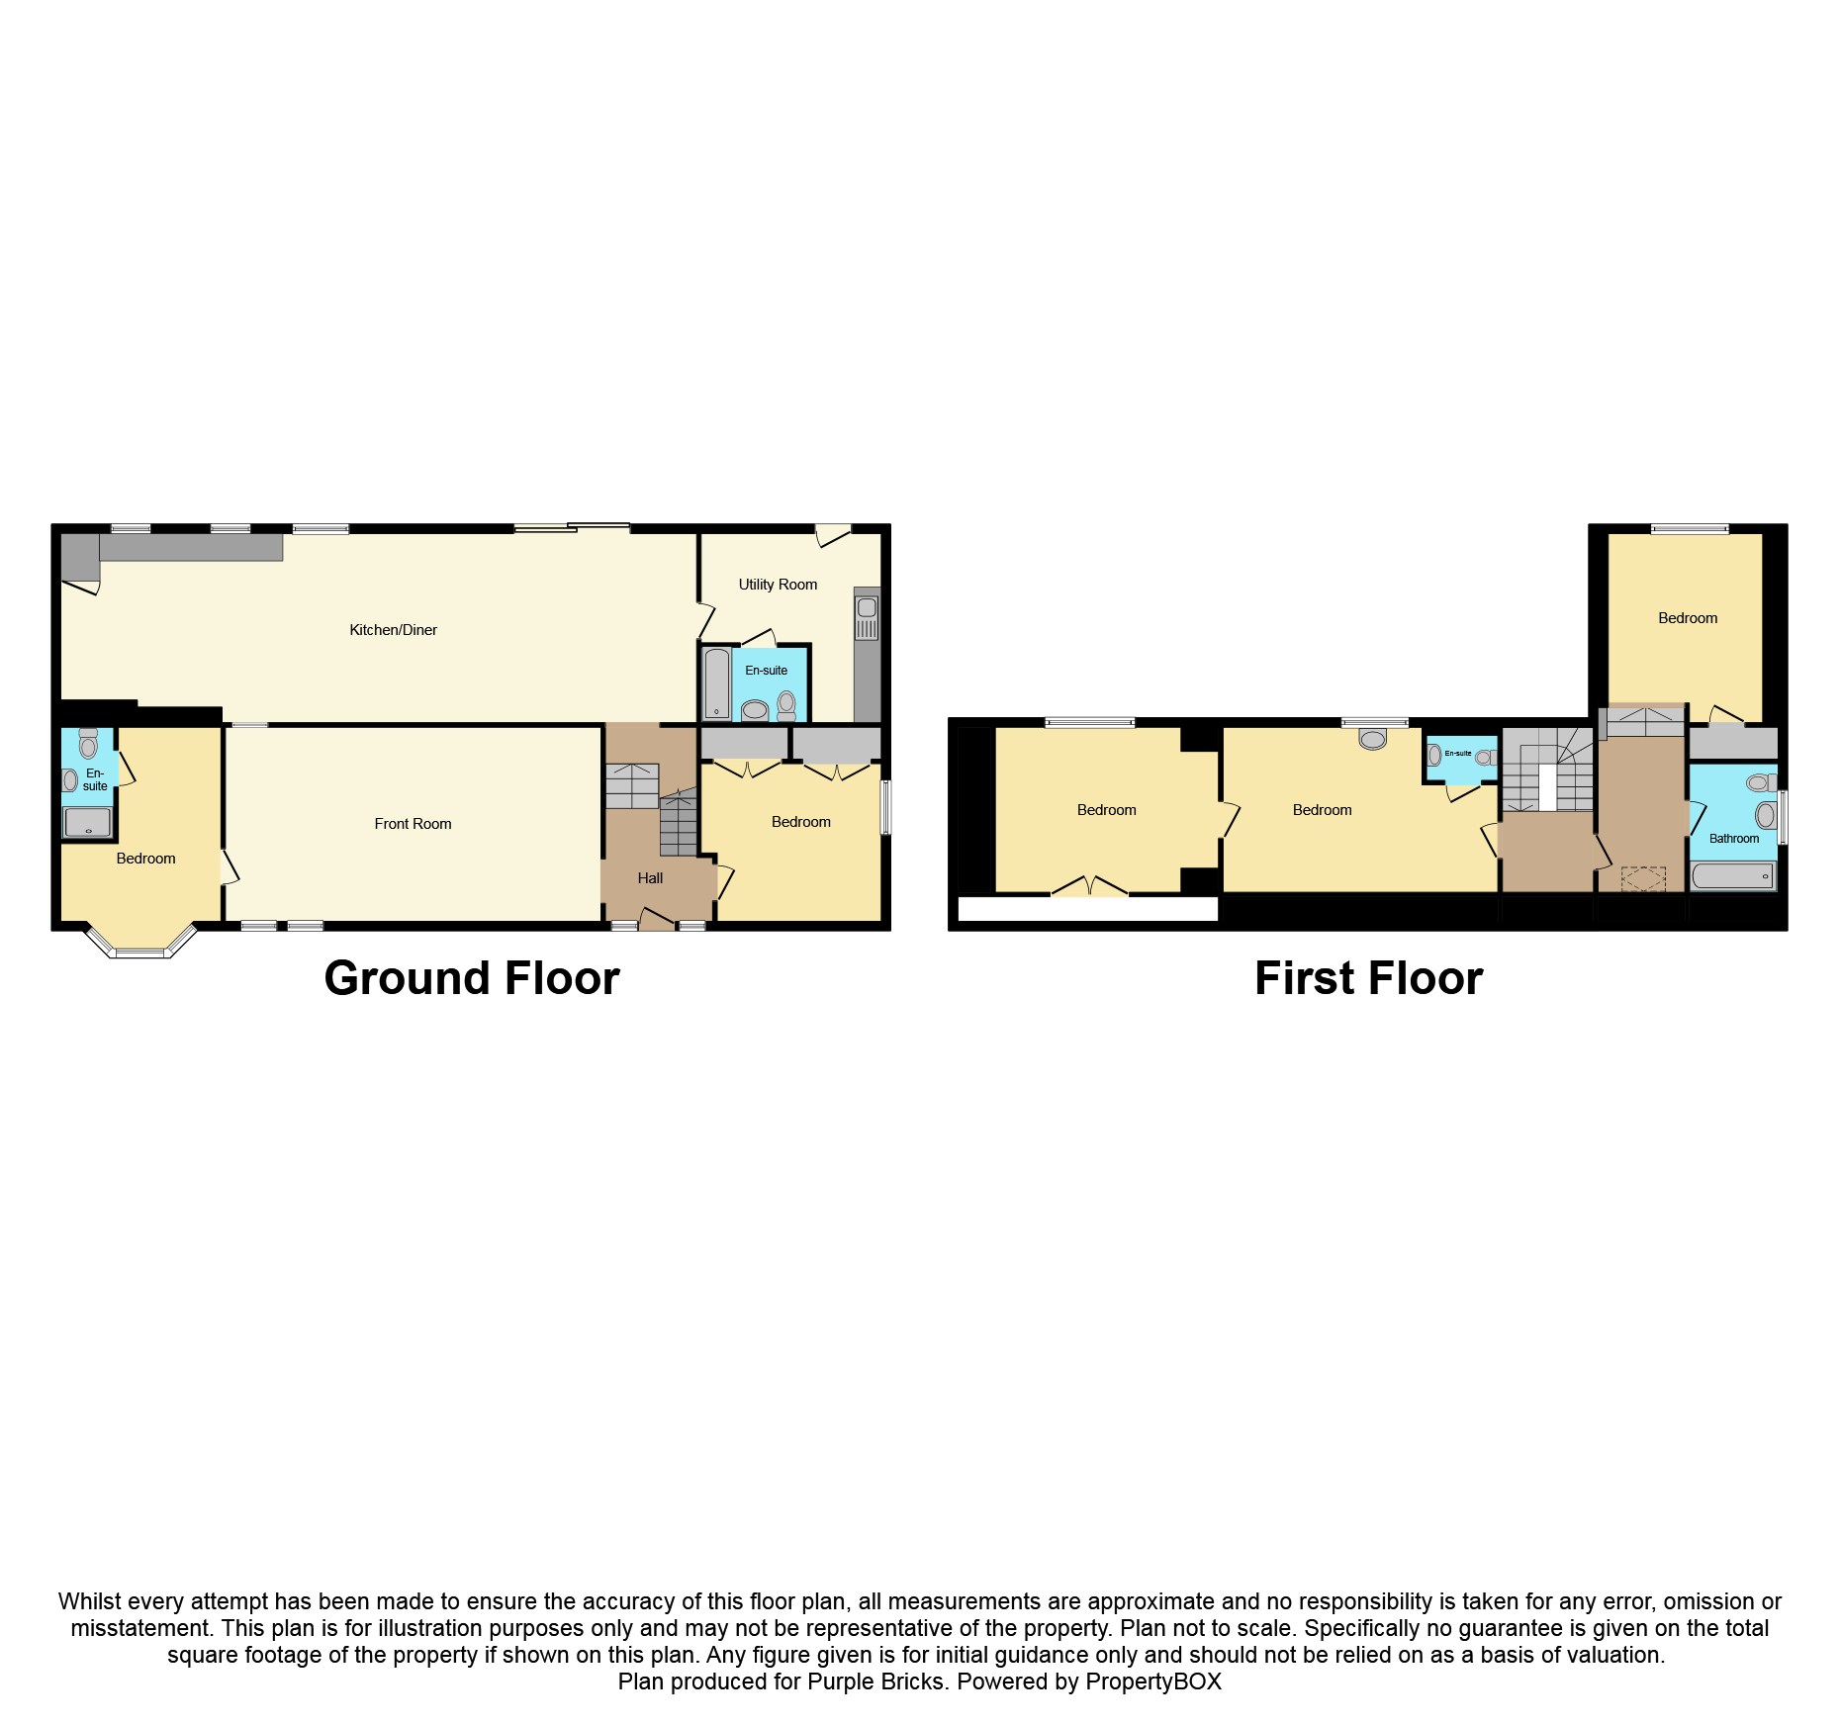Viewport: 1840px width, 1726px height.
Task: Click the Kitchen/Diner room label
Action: click(x=393, y=630)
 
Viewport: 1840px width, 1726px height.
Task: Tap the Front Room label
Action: click(x=413, y=824)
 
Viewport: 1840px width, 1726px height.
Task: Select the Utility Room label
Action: click(x=778, y=585)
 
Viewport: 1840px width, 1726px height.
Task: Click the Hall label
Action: click(x=650, y=878)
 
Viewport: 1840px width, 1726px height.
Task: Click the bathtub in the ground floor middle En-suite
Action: click(x=716, y=683)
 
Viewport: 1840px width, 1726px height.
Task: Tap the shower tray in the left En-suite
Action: click(x=87, y=822)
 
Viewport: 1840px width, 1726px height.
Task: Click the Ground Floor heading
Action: click(x=472, y=978)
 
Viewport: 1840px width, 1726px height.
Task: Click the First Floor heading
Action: click(x=1368, y=978)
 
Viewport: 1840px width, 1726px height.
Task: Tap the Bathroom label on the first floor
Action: click(x=1734, y=839)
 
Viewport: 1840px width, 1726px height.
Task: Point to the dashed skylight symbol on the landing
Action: click(x=1643, y=878)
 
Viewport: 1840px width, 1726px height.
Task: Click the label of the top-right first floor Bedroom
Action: click(x=1688, y=618)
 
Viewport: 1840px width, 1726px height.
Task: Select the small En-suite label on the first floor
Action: click(x=1458, y=754)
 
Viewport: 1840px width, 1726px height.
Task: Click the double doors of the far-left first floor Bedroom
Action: click(x=1089, y=887)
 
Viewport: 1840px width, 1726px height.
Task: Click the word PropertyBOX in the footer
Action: click(x=1152, y=1681)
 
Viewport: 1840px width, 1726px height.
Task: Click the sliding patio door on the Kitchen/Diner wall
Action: click(x=572, y=528)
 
